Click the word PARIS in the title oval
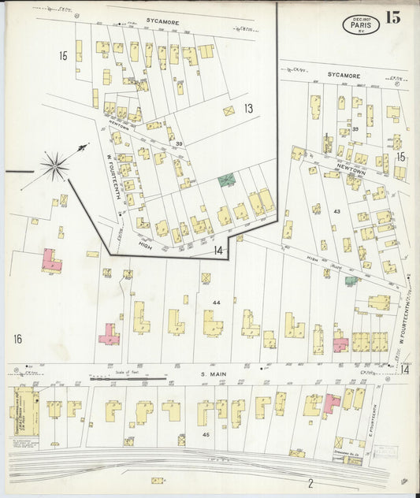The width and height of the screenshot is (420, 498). coord(362,25)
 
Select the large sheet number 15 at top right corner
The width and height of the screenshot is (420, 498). coord(392,18)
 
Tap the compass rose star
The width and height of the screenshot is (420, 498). coord(55,165)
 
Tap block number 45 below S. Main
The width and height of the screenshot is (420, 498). coord(206,434)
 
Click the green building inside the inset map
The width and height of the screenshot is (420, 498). coord(226,180)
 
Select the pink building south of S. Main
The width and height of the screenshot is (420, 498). coord(332,403)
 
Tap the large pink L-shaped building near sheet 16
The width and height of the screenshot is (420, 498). coord(51,261)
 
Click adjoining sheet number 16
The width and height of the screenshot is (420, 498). coord(17,339)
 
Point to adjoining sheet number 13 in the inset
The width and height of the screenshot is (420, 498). coord(248,108)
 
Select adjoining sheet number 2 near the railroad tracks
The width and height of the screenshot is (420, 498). coord(310,482)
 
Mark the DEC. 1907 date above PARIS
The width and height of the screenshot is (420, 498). coord(361,17)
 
